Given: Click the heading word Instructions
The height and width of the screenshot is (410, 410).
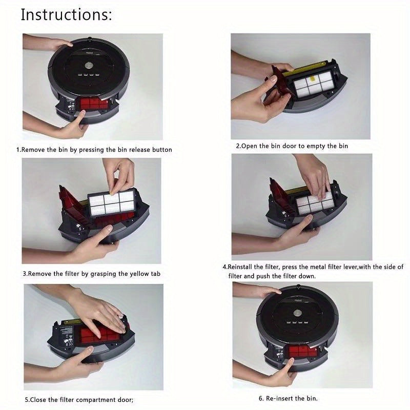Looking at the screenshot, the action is coord(66,15).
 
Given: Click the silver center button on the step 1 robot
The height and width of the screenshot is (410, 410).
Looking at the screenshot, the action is coord(89,65).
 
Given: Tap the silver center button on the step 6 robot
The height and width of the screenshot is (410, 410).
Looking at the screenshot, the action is coord(297,313).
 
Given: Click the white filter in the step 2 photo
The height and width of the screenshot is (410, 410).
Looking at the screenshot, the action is coord(314,86).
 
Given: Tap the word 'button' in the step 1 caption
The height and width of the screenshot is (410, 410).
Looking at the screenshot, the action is coord(162,150).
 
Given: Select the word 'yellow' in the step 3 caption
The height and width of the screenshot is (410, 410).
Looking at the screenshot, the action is coord(139,274).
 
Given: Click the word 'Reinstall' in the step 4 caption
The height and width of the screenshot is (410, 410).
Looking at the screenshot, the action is coord(240,267).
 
